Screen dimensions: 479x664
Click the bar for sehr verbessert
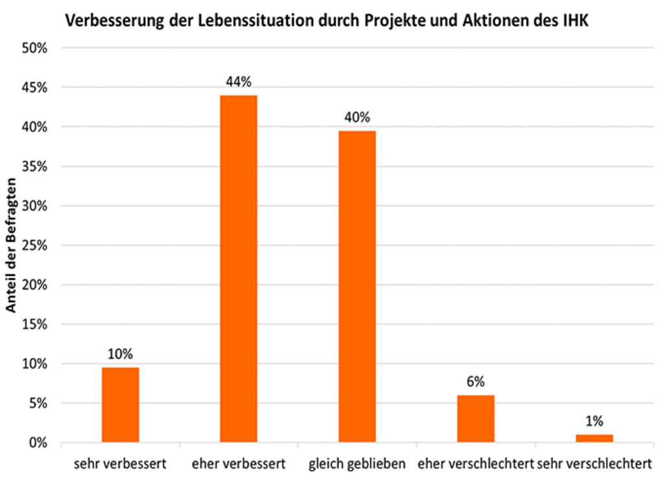pos(120,405)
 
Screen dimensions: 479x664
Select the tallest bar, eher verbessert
pos(239,269)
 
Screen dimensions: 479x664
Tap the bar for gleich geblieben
pos(357,286)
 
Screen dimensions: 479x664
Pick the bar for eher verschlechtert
pos(475,419)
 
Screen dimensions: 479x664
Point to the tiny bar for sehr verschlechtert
pos(594,439)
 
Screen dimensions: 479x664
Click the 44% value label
pos(239,82)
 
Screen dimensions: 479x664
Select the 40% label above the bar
pos(357,117)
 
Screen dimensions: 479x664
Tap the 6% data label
pos(475,382)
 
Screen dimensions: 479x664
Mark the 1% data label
pos(594,421)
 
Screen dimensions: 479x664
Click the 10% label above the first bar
pos(120,354)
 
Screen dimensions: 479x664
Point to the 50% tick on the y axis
pos(36,48)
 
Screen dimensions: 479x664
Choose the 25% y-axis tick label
pos(36,246)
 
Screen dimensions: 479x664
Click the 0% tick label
pos(39,443)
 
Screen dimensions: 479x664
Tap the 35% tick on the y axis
pos(36,167)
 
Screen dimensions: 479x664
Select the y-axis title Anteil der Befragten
pos(11,245)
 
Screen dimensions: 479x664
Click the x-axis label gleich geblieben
pos(357,464)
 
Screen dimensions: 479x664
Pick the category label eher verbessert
pos(239,464)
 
